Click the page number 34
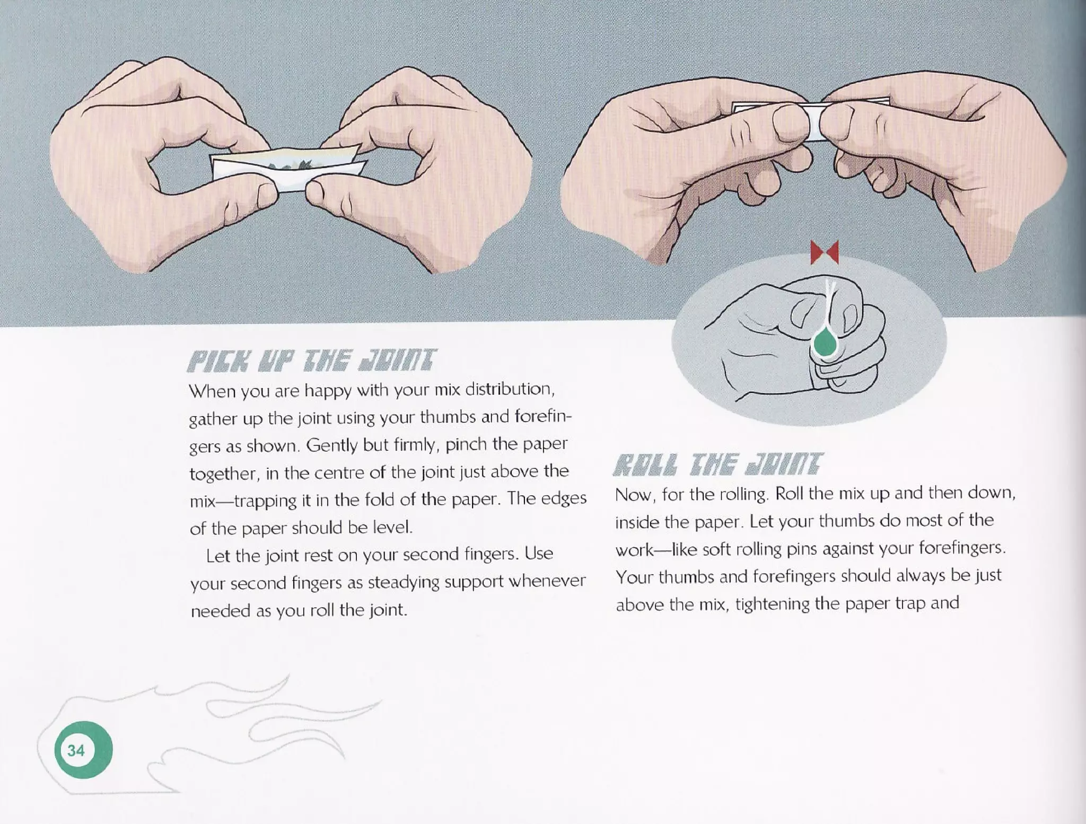pyautogui.click(x=76, y=750)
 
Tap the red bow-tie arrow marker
pyautogui.click(x=825, y=252)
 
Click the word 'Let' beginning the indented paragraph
pyautogui.click(x=218, y=555)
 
